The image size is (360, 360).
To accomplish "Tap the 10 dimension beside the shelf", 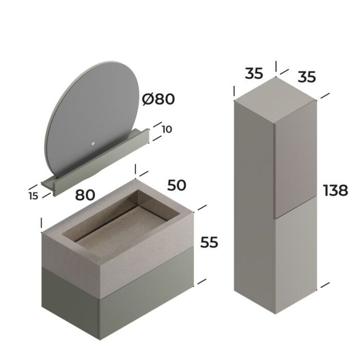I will click(x=167, y=129).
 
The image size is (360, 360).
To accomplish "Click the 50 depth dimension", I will click(x=176, y=185).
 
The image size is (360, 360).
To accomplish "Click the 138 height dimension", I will click(x=335, y=190).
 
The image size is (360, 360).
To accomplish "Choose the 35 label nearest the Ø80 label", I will click(x=254, y=74).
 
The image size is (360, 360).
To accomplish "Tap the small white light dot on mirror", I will click(x=93, y=143).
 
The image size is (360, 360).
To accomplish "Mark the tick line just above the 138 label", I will click(x=325, y=96).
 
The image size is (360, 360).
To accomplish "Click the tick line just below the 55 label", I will click(x=202, y=281).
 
